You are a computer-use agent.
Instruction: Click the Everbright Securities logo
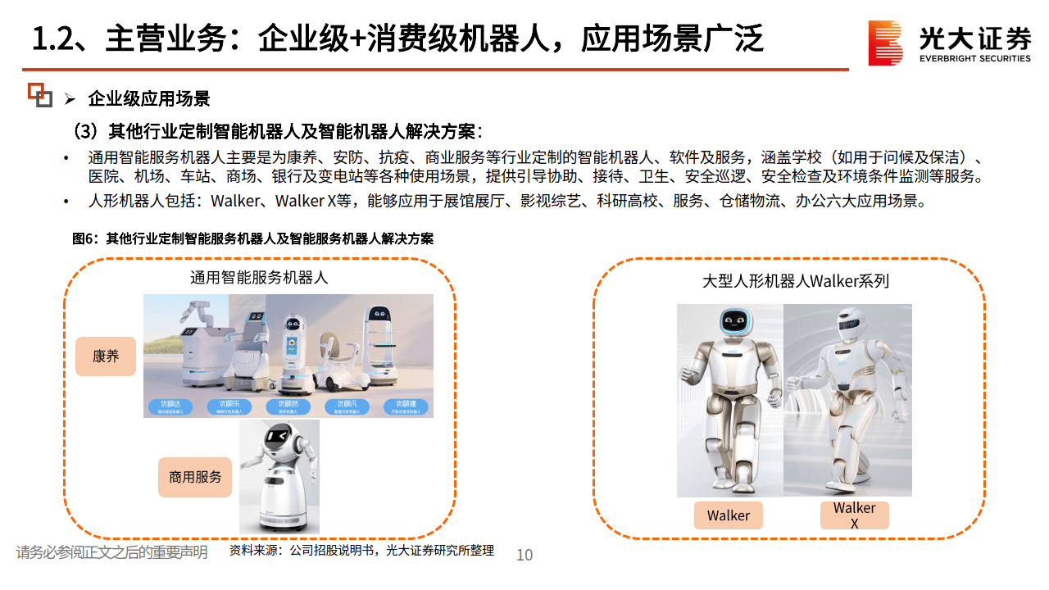click(950, 43)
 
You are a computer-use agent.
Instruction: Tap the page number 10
click(524, 555)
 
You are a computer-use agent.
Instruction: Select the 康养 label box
click(106, 356)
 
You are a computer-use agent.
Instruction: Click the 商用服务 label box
click(195, 476)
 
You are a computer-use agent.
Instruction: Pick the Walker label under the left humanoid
click(728, 515)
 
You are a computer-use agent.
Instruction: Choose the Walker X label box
click(854, 515)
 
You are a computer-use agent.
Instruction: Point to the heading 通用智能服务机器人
click(259, 278)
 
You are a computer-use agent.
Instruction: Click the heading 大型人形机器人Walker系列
click(795, 281)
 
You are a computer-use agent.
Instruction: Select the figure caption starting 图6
click(252, 239)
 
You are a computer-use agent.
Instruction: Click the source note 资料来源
click(361, 551)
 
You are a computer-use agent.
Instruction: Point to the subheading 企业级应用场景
click(149, 99)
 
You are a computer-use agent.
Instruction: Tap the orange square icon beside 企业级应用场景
click(39, 95)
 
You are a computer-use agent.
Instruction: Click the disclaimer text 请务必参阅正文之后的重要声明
click(111, 552)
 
